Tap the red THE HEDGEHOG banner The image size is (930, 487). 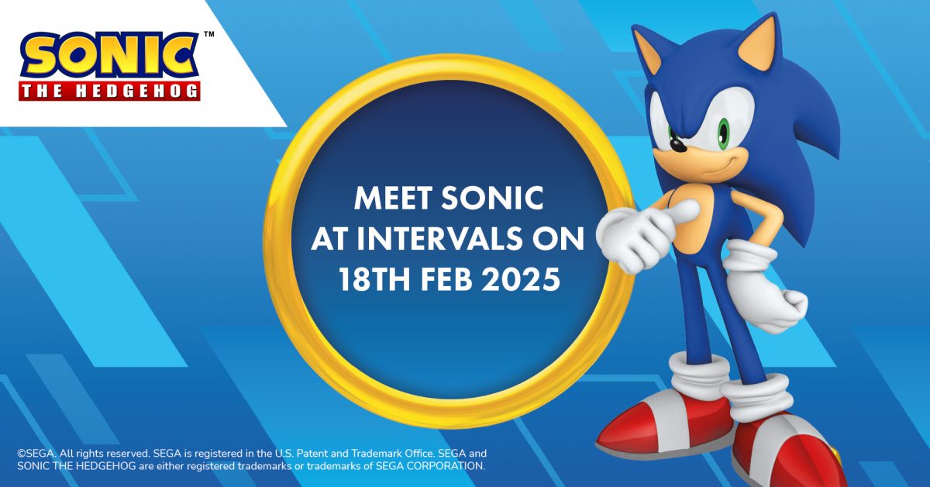pos(109,91)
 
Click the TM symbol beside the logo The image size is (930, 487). pos(209,34)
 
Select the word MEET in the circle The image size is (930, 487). pos(393,199)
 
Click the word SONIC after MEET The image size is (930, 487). pos(492,199)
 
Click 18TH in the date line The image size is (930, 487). pos(374,279)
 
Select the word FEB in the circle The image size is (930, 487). pos(446,279)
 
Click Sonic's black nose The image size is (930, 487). pos(678,144)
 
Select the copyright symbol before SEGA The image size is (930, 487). pos(22,453)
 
